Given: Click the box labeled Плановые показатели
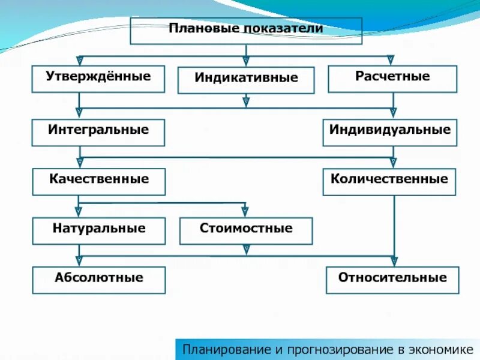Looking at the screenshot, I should pos(246,31).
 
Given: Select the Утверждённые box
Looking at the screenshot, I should pos(98,79).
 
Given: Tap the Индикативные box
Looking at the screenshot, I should pos(246,80).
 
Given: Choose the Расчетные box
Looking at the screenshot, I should pos(392,79).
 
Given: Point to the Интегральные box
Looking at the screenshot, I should pos(98,132).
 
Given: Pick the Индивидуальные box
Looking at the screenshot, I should pos(390,132).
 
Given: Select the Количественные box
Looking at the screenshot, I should pos(389,181).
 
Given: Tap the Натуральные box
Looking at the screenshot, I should pos(99,230).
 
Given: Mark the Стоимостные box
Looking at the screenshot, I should pos(246,230).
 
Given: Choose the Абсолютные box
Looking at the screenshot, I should pos(99,280).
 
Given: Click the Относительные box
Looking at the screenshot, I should pos(392,280).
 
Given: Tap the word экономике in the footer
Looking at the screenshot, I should pos(442,349).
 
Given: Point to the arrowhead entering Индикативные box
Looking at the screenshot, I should pos(246,61).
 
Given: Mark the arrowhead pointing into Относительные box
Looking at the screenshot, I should pos(394,261).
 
